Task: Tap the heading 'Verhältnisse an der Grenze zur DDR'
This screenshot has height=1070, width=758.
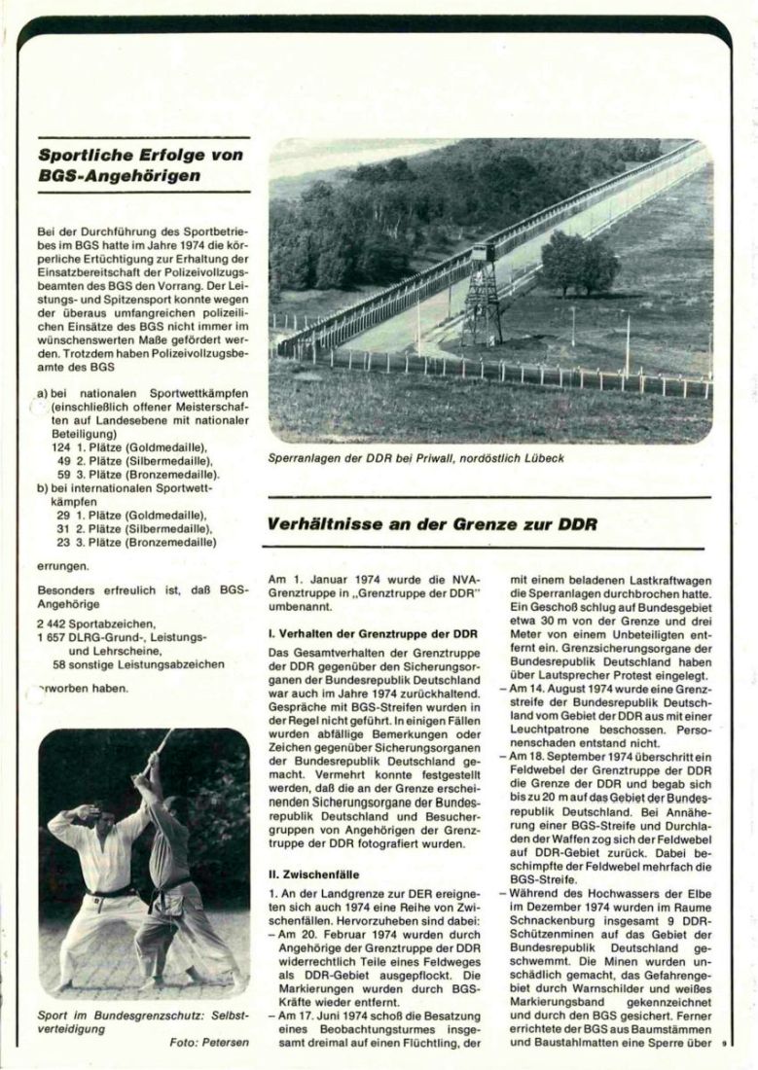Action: tap(432, 523)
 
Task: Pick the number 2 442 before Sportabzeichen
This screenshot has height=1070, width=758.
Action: tap(54, 623)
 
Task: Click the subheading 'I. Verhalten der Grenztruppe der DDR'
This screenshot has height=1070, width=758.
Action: tap(372, 633)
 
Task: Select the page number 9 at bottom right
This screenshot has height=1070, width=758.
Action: tap(725, 1044)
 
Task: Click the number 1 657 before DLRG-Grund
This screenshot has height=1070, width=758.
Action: tap(54, 637)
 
